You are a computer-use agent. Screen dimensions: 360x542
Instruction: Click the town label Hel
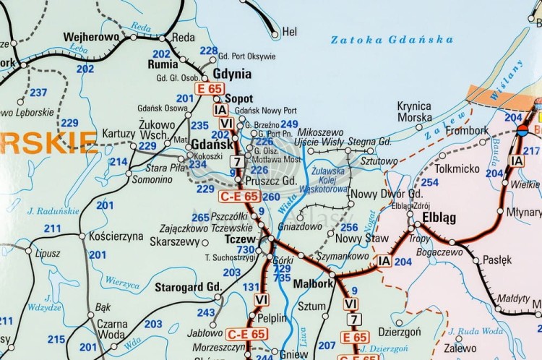[x=290, y=32]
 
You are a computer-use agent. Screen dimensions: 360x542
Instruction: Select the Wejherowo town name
[x=91, y=37]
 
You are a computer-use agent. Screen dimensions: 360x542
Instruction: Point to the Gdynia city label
[x=233, y=74]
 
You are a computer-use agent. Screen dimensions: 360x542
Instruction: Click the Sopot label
[x=239, y=98]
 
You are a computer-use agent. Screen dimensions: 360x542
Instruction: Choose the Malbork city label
[x=312, y=284]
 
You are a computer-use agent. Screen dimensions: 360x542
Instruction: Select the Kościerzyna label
[x=118, y=236]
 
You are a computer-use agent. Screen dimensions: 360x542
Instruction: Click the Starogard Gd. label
[x=188, y=287]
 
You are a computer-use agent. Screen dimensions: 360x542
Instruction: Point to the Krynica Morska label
[x=414, y=111]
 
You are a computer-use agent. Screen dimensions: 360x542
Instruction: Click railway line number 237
[x=38, y=93]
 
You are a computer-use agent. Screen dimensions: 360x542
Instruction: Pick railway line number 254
[x=430, y=182]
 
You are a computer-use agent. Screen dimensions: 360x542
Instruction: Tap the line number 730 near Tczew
[x=245, y=249]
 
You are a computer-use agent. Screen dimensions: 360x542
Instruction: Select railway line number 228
[x=209, y=51]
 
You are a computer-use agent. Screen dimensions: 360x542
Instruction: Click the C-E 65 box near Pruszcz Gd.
[x=239, y=196]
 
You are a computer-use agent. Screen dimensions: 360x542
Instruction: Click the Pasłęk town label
[x=497, y=260]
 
